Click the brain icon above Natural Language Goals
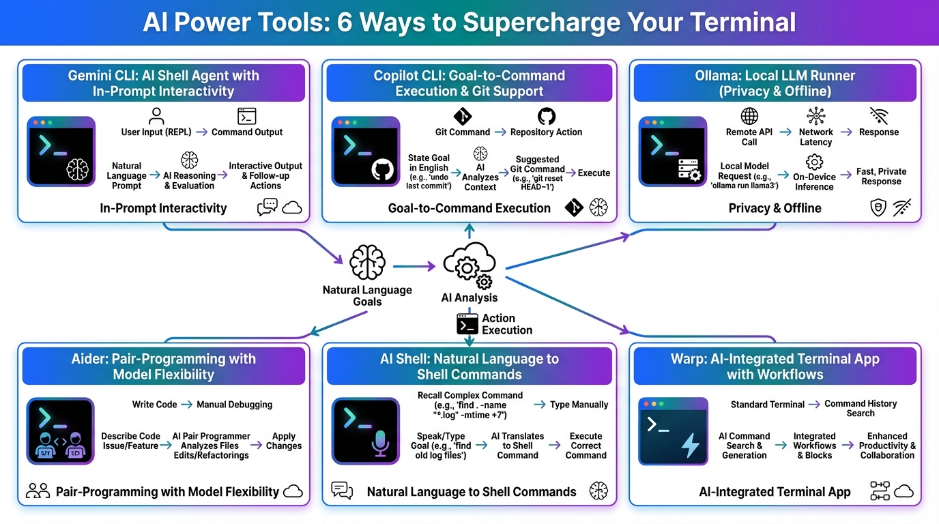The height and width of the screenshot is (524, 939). click(367, 263)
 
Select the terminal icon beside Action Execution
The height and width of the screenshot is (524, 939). click(467, 324)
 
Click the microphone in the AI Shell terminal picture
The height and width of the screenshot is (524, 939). click(380, 444)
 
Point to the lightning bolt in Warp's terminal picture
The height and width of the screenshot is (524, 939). click(690, 444)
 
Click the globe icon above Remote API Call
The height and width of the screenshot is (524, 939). click(749, 116)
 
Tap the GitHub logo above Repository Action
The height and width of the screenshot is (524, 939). click(546, 116)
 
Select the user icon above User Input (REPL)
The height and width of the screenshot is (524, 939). click(156, 116)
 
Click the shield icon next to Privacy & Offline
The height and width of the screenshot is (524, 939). click(878, 207)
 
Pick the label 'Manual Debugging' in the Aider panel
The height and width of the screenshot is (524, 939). click(234, 405)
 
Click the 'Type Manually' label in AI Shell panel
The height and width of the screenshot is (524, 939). click(579, 405)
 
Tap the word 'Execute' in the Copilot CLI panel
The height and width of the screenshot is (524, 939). click(594, 173)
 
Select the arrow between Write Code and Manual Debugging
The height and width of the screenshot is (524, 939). click(186, 405)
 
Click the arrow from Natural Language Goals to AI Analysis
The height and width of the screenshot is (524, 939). click(414, 266)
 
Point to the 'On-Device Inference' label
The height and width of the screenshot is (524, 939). click(814, 182)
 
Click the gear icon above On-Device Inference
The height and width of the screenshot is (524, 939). click(814, 162)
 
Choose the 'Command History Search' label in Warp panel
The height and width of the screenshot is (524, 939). click(861, 408)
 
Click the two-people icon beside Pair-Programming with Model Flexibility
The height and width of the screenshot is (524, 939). click(38, 491)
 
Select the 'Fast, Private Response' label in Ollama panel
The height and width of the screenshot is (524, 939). click(881, 177)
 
